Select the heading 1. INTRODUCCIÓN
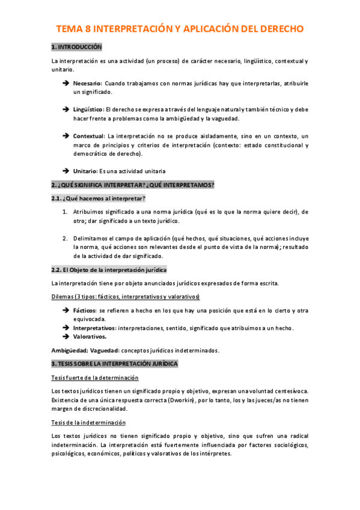pyautogui.click(x=77, y=47)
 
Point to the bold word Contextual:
pyautogui.click(x=89, y=136)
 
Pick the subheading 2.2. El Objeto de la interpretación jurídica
pyautogui.click(x=109, y=269)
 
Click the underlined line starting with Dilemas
pyautogui.click(x=126, y=296)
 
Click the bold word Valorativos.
pyautogui.click(x=90, y=337)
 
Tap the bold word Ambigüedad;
pyautogui.click(x=70, y=351)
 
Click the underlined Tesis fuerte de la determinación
pyautogui.click(x=95, y=378)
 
